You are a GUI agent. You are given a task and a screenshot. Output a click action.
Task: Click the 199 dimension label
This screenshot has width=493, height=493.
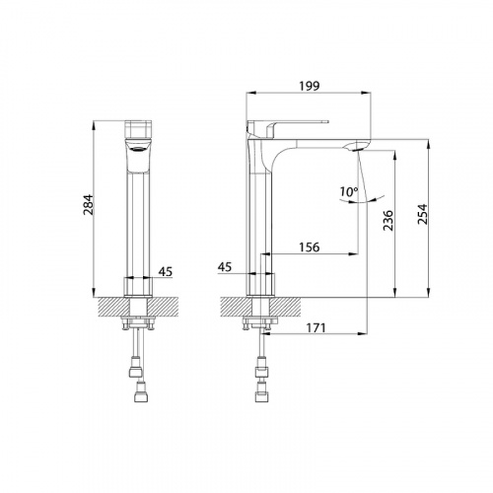tap(309, 86)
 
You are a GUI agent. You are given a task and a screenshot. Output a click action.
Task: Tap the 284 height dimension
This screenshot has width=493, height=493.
tap(89, 205)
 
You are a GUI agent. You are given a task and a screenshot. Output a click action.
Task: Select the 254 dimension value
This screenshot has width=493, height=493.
tap(422, 214)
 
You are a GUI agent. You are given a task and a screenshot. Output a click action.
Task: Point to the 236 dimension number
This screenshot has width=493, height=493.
tap(388, 220)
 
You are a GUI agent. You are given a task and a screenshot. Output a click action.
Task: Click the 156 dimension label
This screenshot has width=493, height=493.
tap(309, 246)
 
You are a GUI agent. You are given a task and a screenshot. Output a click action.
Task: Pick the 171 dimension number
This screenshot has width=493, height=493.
tap(316, 327)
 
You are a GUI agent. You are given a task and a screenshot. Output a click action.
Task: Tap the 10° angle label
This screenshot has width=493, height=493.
tap(349, 191)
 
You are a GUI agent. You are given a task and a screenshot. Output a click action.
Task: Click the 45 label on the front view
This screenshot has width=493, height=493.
tap(166, 272)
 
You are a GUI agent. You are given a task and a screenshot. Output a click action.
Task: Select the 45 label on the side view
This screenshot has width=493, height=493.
tap(225, 267)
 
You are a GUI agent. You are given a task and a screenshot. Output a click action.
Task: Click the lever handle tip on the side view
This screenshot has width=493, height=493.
tap(327, 121)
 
